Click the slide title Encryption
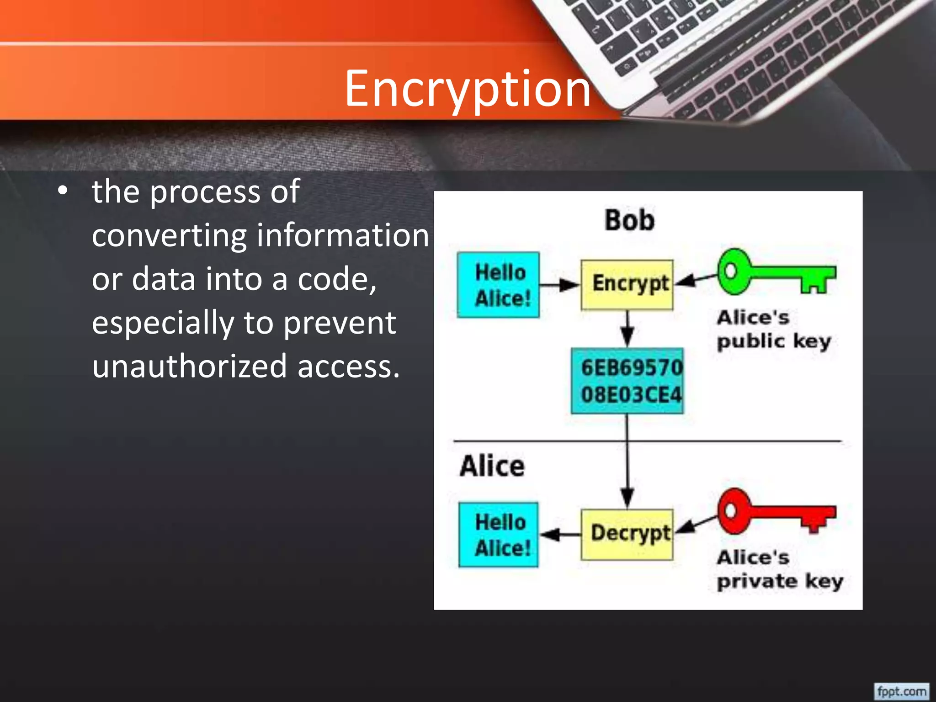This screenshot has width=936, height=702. (x=468, y=89)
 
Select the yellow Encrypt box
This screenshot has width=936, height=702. (x=627, y=285)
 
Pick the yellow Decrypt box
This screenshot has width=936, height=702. (x=627, y=534)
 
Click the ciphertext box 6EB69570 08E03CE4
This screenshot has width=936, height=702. (x=628, y=381)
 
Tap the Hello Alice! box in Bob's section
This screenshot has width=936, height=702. (x=499, y=285)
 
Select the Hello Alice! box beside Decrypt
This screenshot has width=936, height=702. (x=499, y=534)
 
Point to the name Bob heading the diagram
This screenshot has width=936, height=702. (x=629, y=220)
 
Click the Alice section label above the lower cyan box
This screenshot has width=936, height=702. (x=492, y=466)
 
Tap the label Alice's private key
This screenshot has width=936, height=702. (x=779, y=569)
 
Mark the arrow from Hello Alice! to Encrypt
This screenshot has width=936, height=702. (x=560, y=285)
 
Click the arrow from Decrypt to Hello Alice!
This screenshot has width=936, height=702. (x=560, y=534)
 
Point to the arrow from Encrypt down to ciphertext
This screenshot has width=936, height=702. (x=628, y=329)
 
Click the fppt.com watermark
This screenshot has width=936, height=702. (x=902, y=691)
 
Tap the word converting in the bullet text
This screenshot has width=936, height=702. (x=169, y=236)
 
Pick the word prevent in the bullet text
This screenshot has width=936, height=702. (x=340, y=323)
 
